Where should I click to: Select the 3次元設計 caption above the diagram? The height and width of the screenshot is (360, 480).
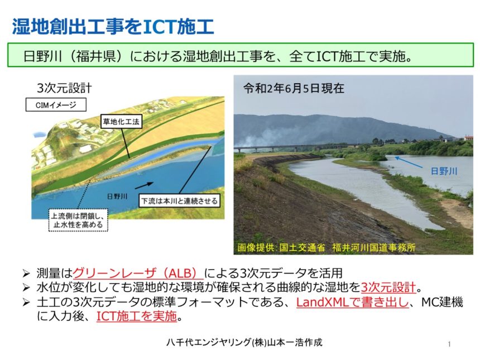[64, 88]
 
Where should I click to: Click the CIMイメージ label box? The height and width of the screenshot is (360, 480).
[56, 104]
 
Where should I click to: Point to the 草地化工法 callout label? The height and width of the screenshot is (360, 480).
[121, 121]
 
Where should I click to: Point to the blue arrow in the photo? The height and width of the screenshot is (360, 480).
[414, 162]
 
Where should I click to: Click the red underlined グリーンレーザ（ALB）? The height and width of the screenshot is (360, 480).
[138, 273]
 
